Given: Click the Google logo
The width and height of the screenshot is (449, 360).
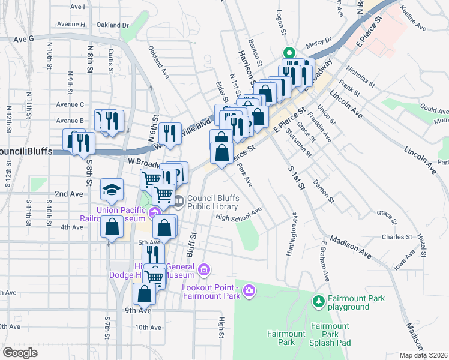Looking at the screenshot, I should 20,353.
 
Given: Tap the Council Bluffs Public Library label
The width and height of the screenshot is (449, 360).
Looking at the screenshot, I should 214,203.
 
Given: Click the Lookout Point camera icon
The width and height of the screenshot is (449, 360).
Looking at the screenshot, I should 249,292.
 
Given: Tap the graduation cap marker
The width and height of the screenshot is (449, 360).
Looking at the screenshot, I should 112,190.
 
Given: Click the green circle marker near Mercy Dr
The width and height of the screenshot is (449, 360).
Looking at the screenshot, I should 288,53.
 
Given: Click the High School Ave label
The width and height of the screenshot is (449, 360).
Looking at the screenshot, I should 238,215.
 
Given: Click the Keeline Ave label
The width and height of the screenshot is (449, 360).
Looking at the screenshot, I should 412,19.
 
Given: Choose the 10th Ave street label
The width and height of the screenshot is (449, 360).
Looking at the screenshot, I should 148,328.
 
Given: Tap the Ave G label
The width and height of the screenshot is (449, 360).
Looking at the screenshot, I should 25,38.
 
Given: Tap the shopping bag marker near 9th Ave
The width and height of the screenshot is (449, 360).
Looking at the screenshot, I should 144,294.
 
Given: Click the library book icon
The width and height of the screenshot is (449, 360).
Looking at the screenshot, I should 178,201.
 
